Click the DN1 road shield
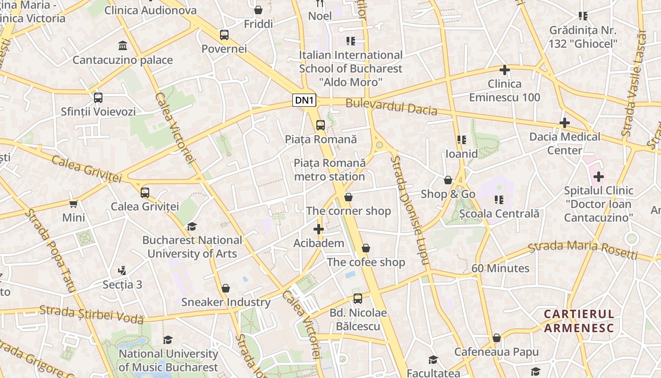click(304, 100)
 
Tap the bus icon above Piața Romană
click(321, 125)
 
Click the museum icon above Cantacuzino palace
click(123, 46)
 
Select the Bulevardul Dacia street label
click(391, 107)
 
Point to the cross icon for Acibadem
click(319, 230)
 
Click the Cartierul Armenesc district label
click(579, 321)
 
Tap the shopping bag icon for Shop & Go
click(448, 180)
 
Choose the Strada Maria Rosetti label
click(583, 249)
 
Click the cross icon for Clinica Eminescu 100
click(505, 70)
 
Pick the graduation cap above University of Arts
click(192, 226)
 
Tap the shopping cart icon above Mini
click(74, 204)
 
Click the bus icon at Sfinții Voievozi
click(98, 98)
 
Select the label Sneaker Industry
click(226, 302)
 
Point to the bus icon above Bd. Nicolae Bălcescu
click(358, 299)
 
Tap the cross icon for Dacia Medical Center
click(565, 123)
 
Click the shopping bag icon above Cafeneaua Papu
click(496, 338)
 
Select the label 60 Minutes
click(500, 268)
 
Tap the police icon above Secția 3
click(122, 271)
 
